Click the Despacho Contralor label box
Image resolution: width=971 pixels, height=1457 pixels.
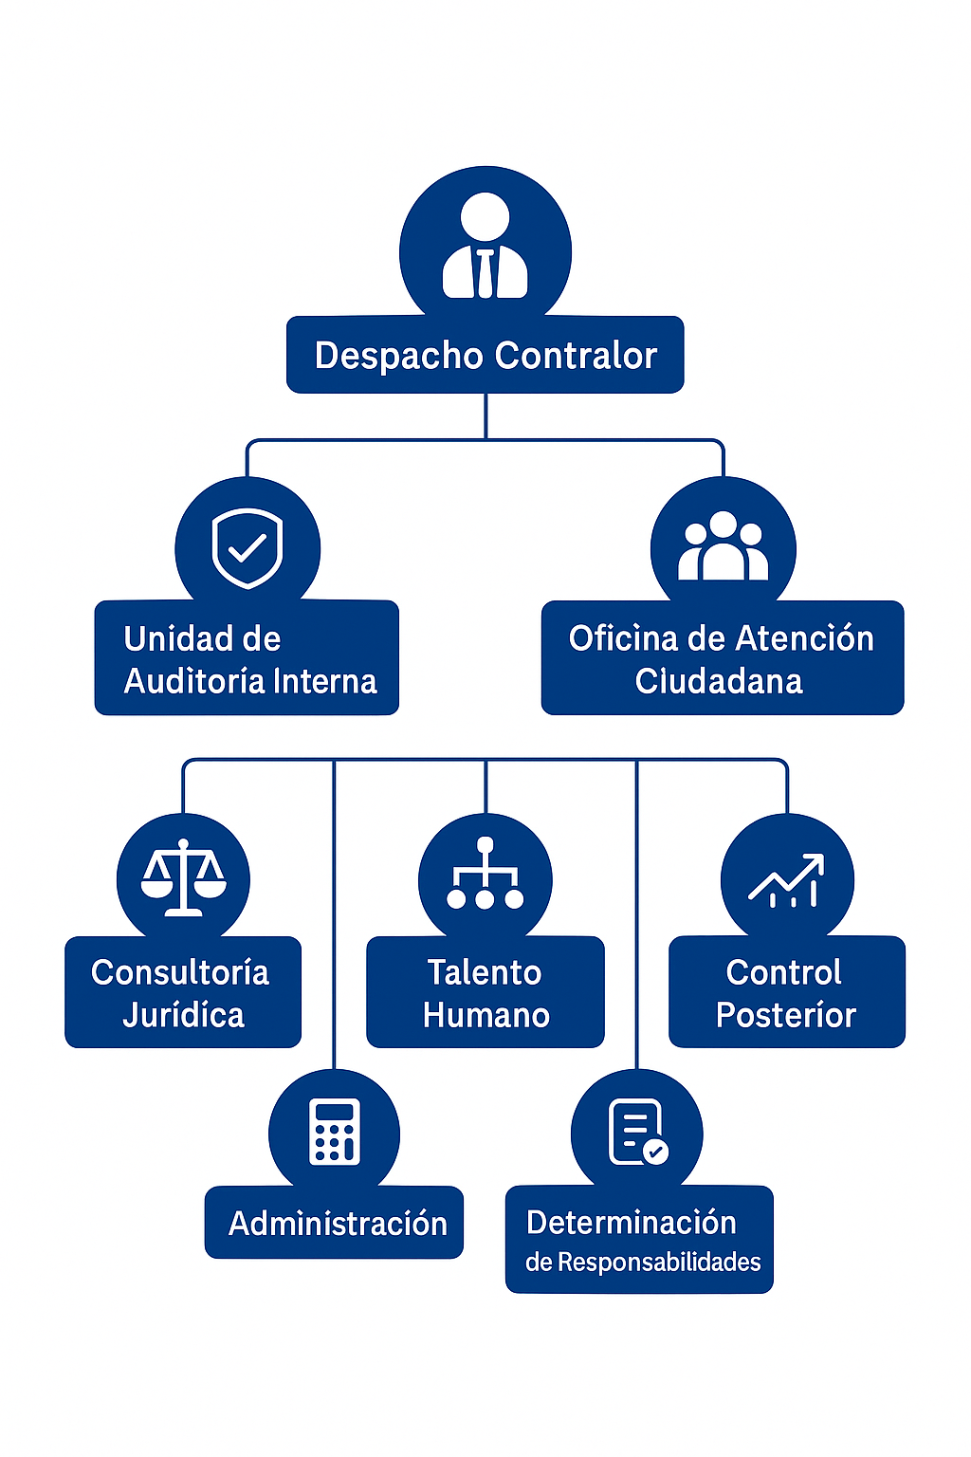[485, 355]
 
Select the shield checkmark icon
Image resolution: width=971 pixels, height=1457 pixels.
[247, 548]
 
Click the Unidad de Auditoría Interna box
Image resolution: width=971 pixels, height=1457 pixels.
[247, 658]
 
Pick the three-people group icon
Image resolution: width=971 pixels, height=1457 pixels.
[723, 547]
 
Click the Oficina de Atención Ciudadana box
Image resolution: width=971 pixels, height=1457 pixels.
[722, 658]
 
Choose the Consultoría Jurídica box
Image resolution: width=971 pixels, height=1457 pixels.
[182, 992]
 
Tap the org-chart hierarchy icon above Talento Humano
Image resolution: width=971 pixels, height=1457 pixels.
[485, 875]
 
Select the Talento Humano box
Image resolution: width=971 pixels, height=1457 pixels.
[485, 992]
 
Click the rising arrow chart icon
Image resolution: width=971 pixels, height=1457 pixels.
[787, 880]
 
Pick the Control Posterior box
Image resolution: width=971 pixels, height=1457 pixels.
[786, 992]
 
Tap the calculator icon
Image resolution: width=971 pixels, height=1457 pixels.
[334, 1132]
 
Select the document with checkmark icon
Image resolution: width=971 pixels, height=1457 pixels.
[637, 1132]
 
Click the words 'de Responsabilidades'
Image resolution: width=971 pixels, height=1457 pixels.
[643, 1263]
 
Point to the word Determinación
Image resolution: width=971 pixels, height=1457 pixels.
[632, 1223]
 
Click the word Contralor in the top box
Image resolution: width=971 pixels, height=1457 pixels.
[576, 356]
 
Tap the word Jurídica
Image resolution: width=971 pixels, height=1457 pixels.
[183, 1015]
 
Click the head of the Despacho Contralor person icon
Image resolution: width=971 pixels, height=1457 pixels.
[485, 217]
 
